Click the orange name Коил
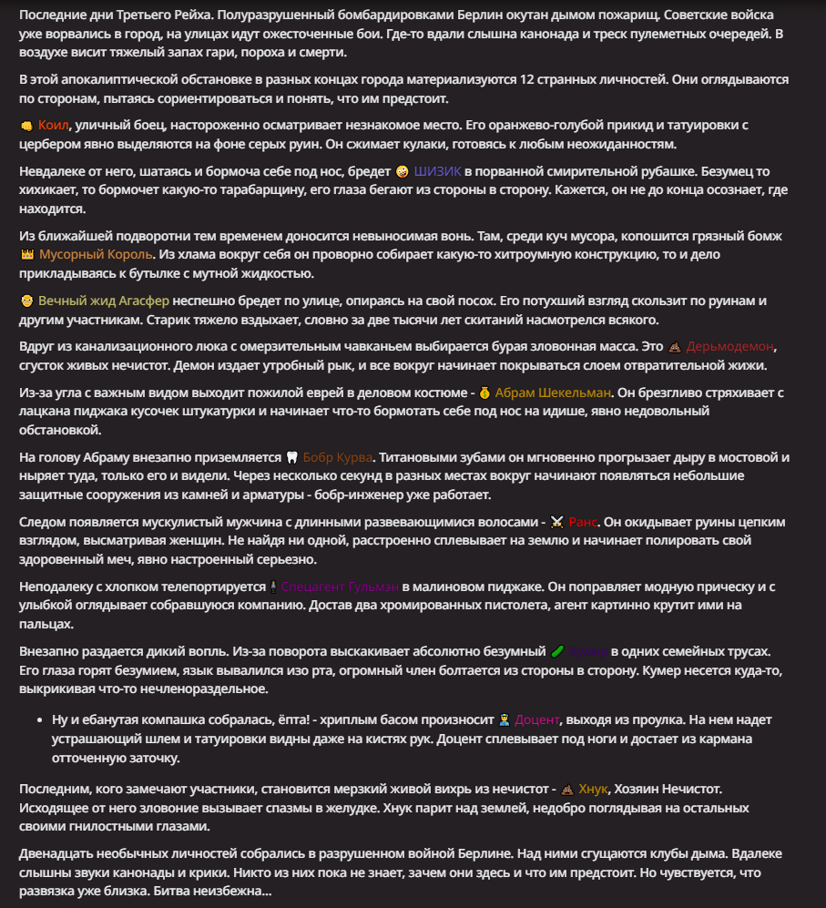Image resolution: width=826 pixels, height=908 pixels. point(54,125)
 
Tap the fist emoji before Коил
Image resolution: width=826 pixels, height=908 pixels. point(26,126)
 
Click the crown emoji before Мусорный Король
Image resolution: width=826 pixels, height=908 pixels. point(26,255)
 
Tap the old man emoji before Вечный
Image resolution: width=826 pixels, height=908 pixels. point(26,301)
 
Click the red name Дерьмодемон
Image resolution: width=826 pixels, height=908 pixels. point(730,347)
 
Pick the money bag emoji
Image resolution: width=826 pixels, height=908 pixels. point(484,393)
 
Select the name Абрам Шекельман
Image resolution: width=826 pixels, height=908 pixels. point(554,393)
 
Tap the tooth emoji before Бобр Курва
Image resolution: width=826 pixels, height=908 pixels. point(292,457)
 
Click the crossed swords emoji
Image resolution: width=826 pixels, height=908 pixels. point(557,522)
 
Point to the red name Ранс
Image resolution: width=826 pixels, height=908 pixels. point(583,522)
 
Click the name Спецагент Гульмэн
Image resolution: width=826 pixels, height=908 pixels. point(340,587)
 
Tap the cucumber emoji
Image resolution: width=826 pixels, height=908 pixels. point(557,651)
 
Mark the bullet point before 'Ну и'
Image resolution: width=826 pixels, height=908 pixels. point(38,719)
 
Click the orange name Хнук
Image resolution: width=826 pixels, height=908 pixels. point(593,789)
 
